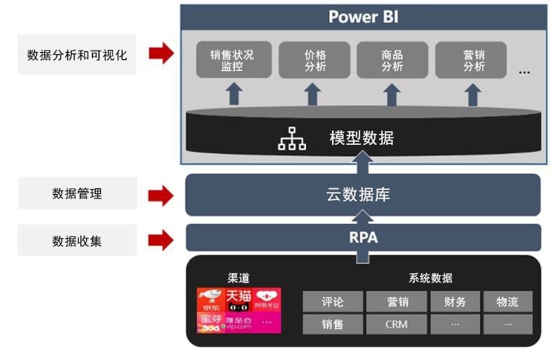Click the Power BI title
tap(363, 17)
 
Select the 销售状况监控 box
tap(233, 61)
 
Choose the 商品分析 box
tap(391, 61)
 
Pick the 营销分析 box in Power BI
tap(473, 61)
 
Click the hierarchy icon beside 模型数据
tap(292, 138)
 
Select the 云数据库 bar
tap(362, 194)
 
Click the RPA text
tap(363, 237)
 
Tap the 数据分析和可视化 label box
tap(77, 54)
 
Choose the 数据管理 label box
tap(77, 193)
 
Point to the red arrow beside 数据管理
tap(161, 194)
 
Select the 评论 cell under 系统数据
tap(332, 301)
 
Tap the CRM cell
tap(396, 324)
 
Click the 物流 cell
tap(507, 301)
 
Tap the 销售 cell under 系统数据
tap(332, 324)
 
